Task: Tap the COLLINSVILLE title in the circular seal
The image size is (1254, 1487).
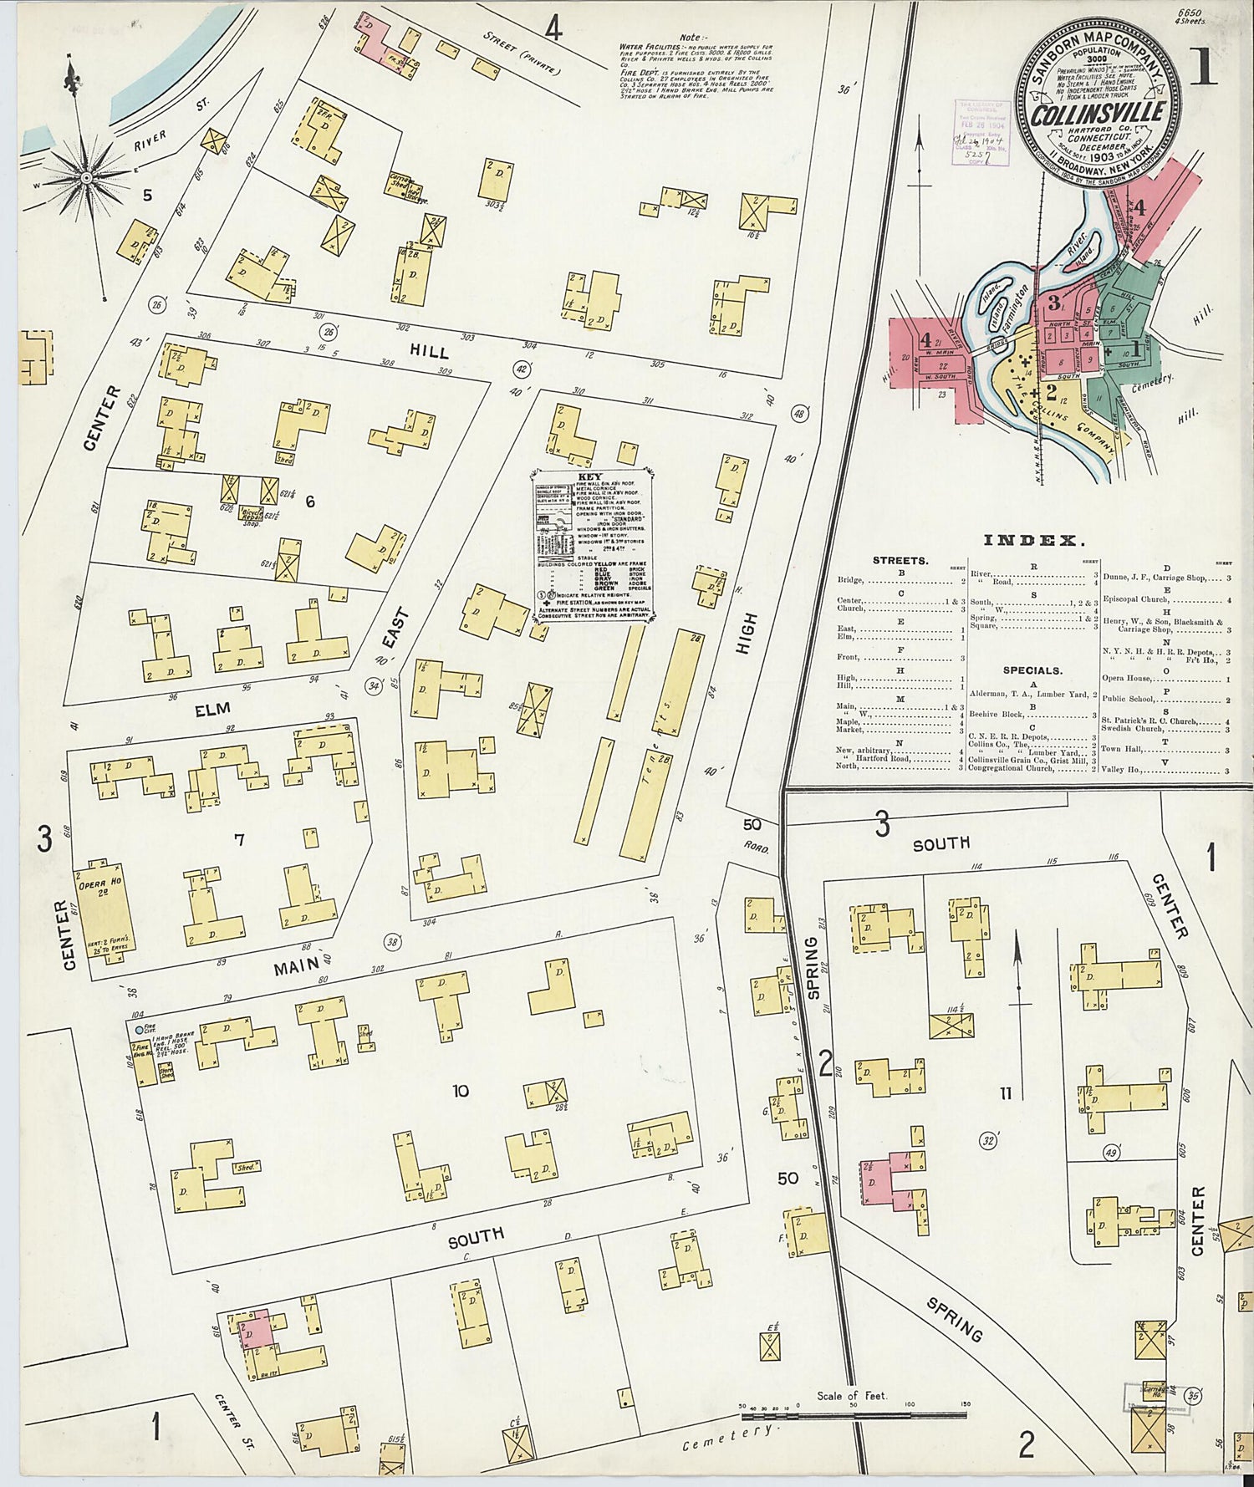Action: click(x=1097, y=114)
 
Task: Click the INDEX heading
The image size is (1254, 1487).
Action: click(x=1034, y=541)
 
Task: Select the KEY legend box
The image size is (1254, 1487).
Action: click(x=594, y=547)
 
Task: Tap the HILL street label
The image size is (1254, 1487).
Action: click(x=428, y=352)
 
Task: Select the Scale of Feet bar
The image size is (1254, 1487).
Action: click(x=853, y=1416)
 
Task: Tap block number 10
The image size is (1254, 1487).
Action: click(x=460, y=1090)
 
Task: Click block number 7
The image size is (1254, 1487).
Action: click(x=239, y=839)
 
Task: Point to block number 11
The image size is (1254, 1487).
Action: click(x=1005, y=1093)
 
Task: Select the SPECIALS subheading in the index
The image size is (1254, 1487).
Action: click(x=1032, y=670)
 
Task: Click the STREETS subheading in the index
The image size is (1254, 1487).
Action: click(x=900, y=560)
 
